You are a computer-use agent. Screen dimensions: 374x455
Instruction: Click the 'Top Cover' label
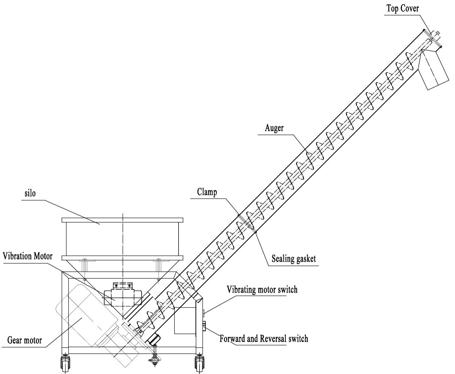coord(403,8)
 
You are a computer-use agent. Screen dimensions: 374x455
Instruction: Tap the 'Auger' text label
coord(274,128)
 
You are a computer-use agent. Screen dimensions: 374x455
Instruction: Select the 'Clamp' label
coord(207,192)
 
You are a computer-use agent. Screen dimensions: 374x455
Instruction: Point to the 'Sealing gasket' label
coord(293,258)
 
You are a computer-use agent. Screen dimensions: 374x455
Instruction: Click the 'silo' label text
coord(30,193)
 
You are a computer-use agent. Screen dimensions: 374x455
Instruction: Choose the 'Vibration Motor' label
coord(28,256)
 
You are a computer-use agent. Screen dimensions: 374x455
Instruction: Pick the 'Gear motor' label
coord(25,340)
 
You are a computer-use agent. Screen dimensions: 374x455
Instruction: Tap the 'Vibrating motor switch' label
coord(262,290)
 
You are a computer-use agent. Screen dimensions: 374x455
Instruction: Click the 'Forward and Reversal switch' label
coord(264,339)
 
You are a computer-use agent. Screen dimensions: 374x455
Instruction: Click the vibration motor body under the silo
coord(123,296)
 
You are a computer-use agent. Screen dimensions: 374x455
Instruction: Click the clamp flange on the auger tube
coord(247,223)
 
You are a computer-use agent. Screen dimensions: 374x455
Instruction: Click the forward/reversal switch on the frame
coord(204,326)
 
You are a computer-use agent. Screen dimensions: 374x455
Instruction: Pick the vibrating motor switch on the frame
coord(203,313)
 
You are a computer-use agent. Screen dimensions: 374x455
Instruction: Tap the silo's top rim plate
coord(122,220)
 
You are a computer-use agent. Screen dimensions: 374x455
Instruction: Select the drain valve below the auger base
coord(154,360)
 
